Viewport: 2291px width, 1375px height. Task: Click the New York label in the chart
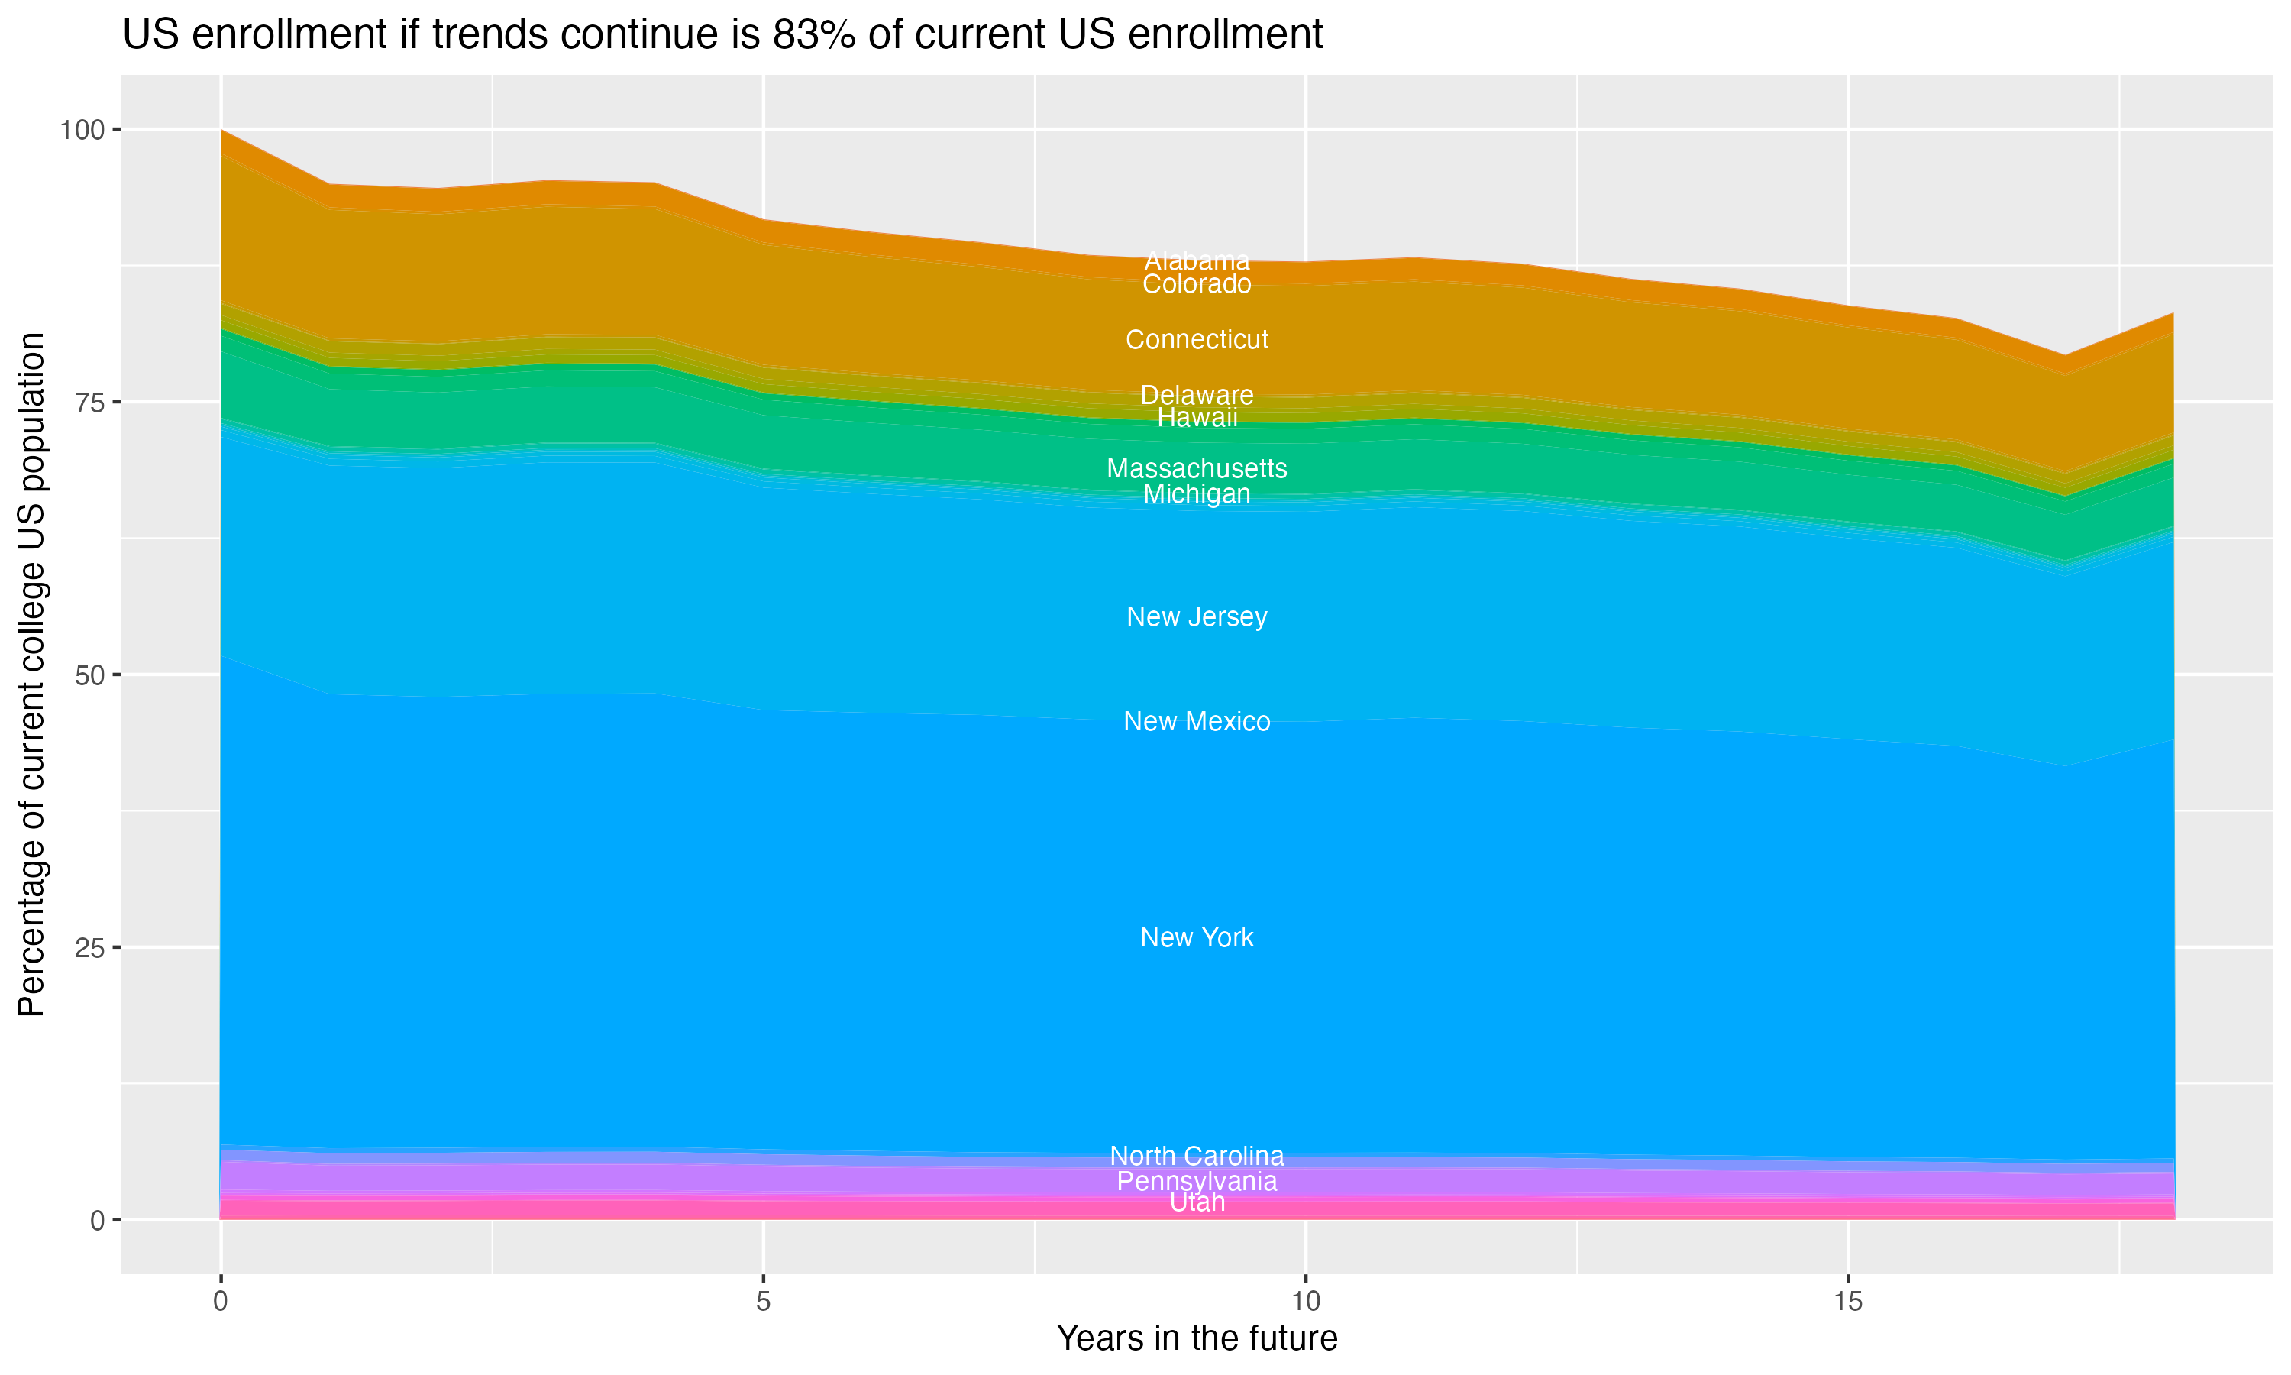point(1197,937)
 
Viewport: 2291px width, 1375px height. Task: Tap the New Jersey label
point(1197,617)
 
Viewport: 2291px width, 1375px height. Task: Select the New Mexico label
point(1197,722)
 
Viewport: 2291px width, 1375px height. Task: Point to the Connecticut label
point(1197,340)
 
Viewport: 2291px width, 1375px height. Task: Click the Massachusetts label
point(1197,469)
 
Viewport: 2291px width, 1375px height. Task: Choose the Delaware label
point(1197,396)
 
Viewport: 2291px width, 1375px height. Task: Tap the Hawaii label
point(1197,418)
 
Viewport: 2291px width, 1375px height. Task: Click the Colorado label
point(1197,284)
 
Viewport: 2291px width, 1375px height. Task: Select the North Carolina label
point(1197,1157)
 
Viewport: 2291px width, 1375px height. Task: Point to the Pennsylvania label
point(1197,1181)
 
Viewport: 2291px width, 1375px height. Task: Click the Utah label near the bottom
point(1197,1202)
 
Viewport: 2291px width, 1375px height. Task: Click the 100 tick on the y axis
point(82,130)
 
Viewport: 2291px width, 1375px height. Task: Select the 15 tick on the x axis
point(1847,1302)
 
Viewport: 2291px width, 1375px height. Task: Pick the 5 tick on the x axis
point(763,1302)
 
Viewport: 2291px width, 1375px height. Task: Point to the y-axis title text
point(31,675)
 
